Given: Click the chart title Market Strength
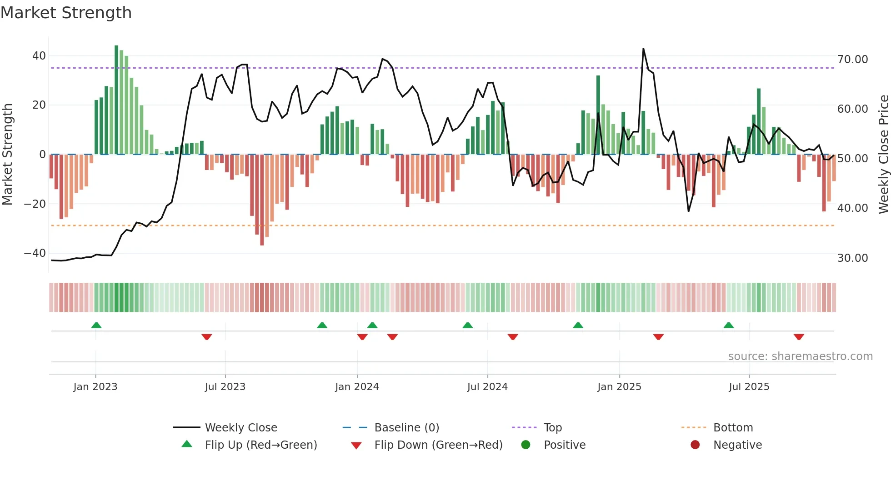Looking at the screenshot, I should [66, 13].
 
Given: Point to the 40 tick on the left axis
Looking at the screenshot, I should [39, 56].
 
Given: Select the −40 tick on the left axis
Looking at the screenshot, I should [35, 253].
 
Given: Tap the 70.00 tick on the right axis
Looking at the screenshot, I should [852, 60].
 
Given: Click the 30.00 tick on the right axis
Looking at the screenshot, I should [852, 258].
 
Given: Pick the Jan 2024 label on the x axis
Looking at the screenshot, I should [357, 387].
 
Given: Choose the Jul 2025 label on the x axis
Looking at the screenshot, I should [749, 387].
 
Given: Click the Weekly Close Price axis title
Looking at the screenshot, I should [883, 155].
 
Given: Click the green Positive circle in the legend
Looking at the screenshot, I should [526, 445].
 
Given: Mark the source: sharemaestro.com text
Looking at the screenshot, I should [800, 356].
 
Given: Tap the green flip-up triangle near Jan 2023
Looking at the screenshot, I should [96, 325].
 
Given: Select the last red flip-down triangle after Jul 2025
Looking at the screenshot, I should [799, 337].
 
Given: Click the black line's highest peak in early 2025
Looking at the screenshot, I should [643, 49].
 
